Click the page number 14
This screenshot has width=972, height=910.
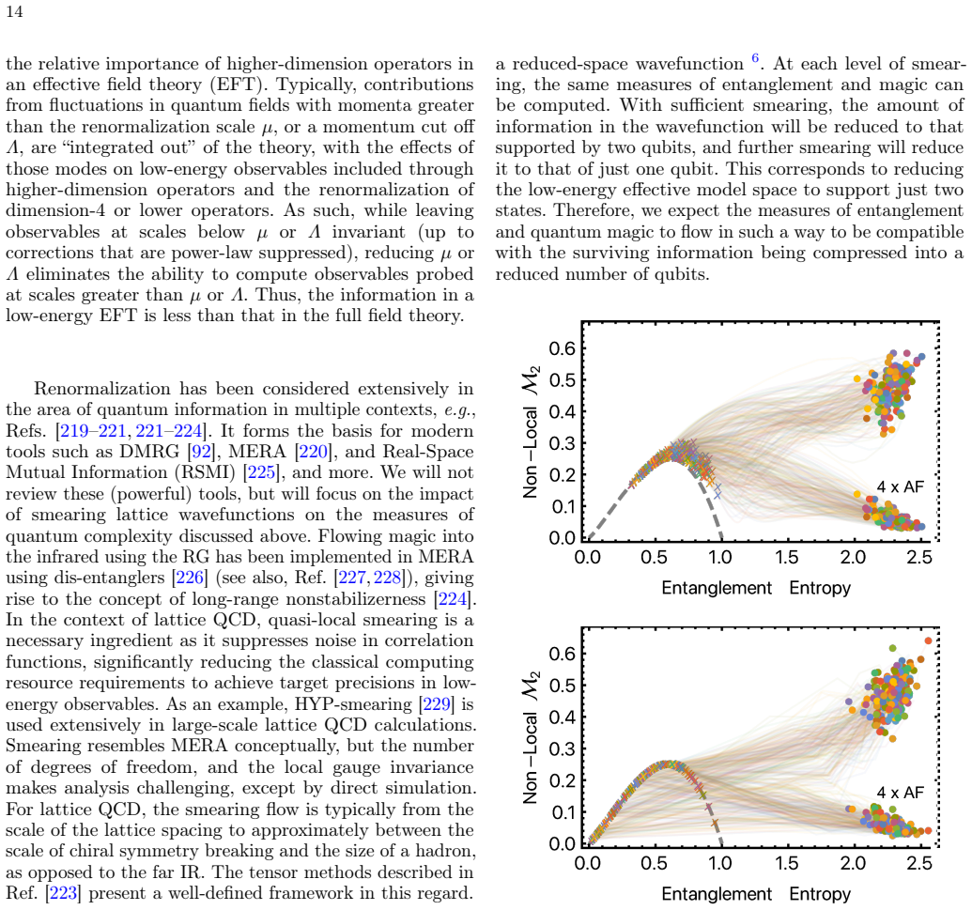click(x=14, y=12)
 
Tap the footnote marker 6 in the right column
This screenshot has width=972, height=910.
click(x=755, y=58)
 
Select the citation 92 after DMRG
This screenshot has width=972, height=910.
click(x=202, y=452)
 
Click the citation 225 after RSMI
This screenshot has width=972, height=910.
click(x=261, y=472)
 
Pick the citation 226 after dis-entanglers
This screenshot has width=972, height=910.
click(x=190, y=578)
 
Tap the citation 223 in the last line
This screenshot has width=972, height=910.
click(x=63, y=893)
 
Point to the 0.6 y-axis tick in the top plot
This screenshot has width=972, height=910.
click(x=563, y=348)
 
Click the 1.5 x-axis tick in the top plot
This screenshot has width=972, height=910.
click(x=787, y=557)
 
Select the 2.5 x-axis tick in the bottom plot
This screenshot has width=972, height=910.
click(x=919, y=863)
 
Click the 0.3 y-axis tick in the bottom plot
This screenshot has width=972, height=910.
click(x=563, y=748)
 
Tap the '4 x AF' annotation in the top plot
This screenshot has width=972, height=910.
click(x=900, y=486)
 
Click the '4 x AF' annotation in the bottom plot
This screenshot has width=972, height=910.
click(x=900, y=793)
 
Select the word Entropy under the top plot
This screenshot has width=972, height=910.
click(x=820, y=588)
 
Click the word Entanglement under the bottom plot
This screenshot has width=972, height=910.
click(x=717, y=894)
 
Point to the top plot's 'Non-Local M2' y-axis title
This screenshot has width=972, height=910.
click(x=532, y=431)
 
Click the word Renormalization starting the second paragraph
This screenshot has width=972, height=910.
click(x=101, y=389)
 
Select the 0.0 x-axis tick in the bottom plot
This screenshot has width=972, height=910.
click(x=587, y=863)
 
